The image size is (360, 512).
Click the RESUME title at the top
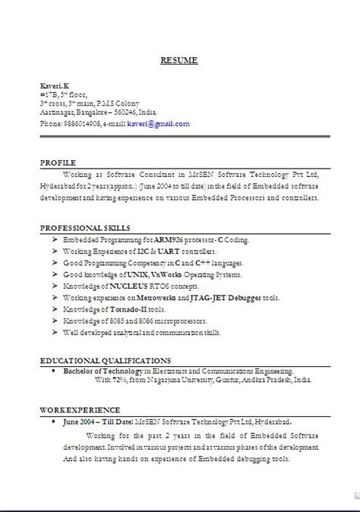(x=180, y=60)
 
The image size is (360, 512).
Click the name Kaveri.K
(x=55, y=85)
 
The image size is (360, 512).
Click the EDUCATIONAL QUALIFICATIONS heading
(x=106, y=359)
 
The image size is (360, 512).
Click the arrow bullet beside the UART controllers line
(x=57, y=250)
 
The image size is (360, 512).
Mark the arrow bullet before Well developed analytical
(x=57, y=331)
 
